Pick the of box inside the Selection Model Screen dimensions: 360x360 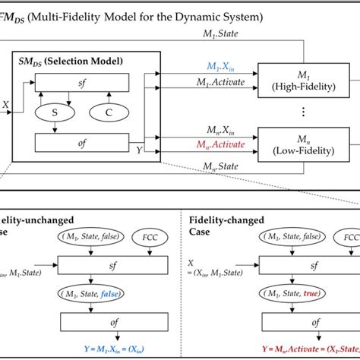(81, 142)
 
